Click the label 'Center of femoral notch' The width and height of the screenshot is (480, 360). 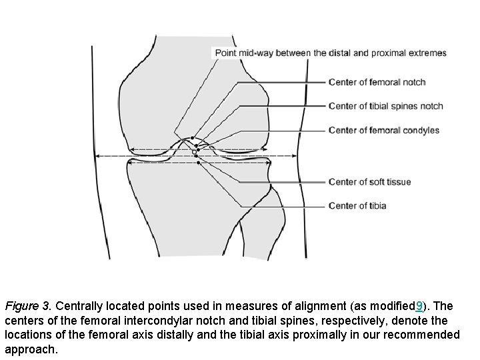coord(377,83)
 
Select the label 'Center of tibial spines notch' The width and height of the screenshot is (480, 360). coord(385,106)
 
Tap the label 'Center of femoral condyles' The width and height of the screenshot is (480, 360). coord(384,130)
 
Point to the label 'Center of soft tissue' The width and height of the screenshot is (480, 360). coord(369,182)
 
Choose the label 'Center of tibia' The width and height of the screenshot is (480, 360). coord(357,206)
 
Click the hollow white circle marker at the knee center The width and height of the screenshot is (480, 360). coord(195,152)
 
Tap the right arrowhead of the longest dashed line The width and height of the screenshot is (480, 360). coord(295,156)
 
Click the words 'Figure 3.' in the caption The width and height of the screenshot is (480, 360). coord(28,307)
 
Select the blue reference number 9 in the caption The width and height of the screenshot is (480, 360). coord(418,307)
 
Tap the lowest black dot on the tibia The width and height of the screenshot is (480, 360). coord(196,157)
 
